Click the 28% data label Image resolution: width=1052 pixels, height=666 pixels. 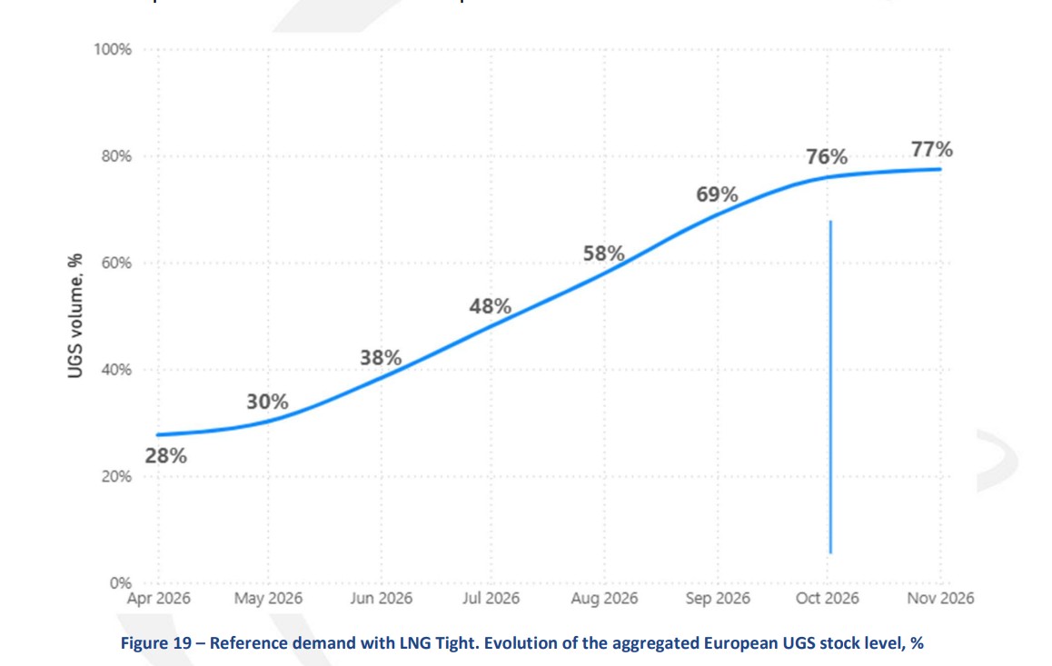tap(166, 456)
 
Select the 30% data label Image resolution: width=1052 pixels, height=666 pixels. tap(267, 401)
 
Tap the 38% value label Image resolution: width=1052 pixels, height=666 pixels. tap(381, 358)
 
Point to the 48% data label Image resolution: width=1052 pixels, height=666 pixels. tap(490, 307)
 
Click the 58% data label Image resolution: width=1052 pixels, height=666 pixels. tap(603, 253)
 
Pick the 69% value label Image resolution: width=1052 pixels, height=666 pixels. tap(717, 195)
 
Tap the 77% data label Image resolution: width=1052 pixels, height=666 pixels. tap(932, 150)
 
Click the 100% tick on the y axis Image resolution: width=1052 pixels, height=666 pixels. tap(114, 49)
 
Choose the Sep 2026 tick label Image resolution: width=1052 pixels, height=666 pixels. tap(717, 598)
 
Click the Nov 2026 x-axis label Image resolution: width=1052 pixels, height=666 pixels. tap(941, 598)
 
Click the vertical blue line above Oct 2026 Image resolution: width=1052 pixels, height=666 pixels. tap(830, 382)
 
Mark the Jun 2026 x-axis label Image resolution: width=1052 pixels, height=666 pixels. tap(381, 598)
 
